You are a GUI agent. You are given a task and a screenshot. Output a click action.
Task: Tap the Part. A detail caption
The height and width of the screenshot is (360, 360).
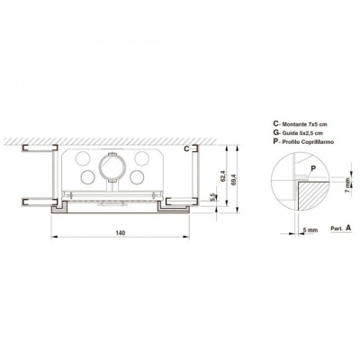click(340, 228)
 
